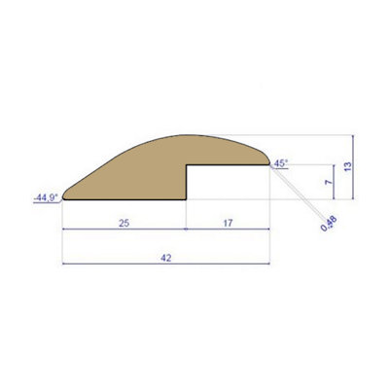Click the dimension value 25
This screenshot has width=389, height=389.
[124, 223]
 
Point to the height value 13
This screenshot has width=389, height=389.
[347, 165]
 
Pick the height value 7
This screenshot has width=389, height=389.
[329, 181]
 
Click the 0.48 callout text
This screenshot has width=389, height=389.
[328, 224]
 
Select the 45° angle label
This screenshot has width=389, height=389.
[281, 163]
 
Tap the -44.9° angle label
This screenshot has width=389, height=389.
[45, 196]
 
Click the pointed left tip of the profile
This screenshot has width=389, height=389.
[63, 195]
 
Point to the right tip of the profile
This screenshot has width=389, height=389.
[269, 165]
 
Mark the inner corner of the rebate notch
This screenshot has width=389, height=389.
[188, 166]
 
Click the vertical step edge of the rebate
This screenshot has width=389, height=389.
[187, 183]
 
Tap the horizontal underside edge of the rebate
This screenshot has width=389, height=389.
[229, 166]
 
